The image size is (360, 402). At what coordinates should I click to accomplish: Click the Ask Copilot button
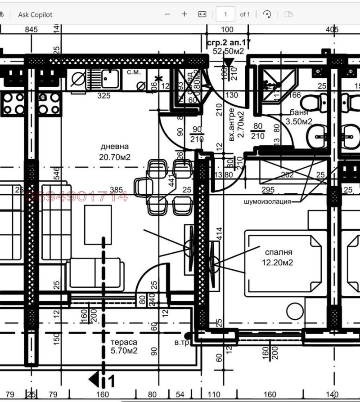[35, 14]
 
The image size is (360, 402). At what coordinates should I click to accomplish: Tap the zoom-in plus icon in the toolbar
[184, 14]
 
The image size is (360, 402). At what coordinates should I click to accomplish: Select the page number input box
[225, 14]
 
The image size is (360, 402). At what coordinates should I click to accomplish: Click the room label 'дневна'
[114, 147]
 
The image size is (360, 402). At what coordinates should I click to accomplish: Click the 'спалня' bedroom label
[279, 253]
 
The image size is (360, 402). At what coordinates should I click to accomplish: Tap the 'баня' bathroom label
[299, 112]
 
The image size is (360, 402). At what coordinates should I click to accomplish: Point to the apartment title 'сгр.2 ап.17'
[228, 43]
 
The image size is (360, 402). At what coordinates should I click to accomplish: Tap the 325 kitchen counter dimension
[104, 96]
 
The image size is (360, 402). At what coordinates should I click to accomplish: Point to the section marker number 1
[112, 381]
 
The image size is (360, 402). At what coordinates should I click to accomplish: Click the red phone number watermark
[77, 196]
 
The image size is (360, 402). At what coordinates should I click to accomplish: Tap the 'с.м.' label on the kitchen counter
[134, 72]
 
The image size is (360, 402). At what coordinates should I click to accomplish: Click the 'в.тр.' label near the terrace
[182, 343]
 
